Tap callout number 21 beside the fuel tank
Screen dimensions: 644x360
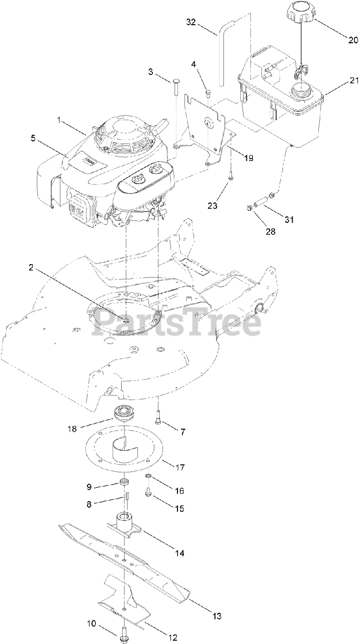tap(340, 80)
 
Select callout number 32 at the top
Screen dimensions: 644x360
tap(191, 23)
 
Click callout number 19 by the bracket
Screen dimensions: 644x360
tap(248, 157)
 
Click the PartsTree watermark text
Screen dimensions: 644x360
tap(176, 323)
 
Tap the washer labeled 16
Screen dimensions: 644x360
tap(149, 476)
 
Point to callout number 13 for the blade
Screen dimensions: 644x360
tap(217, 615)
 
